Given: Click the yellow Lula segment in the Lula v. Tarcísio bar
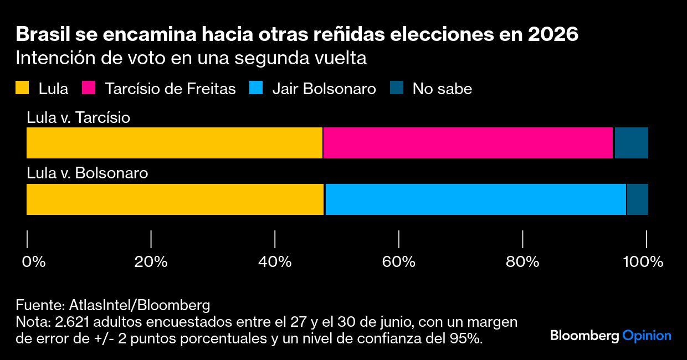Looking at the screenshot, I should tap(175, 143).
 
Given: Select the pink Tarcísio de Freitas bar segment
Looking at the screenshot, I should tap(468, 143).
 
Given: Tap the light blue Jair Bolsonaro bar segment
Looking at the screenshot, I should tap(475, 199).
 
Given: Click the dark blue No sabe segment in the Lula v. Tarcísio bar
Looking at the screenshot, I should tap(631, 143).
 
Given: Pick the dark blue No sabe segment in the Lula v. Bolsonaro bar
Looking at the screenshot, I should tap(637, 199).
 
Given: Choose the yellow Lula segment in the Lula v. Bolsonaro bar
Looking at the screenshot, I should tap(175, 199).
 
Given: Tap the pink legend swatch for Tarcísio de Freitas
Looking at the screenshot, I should tap(89, 89).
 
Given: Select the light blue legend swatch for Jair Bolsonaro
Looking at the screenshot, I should tap(256, 89).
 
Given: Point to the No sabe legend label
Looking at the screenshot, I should tap(442, 89).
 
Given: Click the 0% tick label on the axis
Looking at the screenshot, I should tap(33, 261).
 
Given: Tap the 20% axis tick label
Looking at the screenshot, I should tap(151, 261).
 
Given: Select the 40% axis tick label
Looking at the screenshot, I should tap(275, 261).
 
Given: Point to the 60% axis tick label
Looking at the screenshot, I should tap(399, 261).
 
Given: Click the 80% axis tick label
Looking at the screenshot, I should tap(522, 261).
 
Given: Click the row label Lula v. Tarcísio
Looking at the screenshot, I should tap(78, 117).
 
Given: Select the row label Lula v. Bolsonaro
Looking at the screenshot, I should tap(88, 173).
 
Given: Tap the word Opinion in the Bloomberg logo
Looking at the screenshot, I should tap(647, 336).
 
